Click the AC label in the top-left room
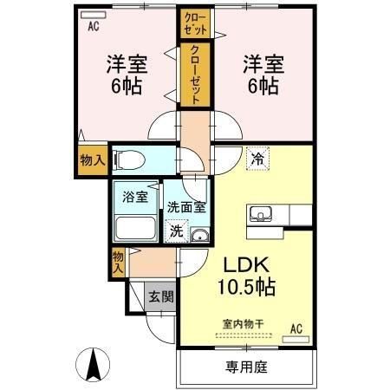(x=93, y=25)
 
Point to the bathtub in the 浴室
(x=135, y=229)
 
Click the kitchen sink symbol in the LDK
(x=259, y=214)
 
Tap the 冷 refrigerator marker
(x=257, y=159)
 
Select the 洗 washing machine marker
(x=176, y=231)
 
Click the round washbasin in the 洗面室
(x=200, y=235)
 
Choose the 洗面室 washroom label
(x=186, y=207)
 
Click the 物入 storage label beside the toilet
(x=93, y=159)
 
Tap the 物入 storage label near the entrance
(x=118, y=261)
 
